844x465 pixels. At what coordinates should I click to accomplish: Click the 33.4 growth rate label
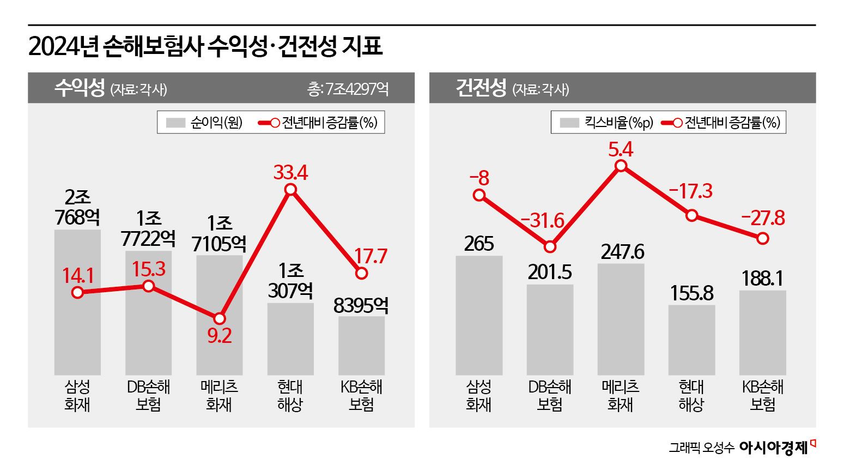coord(290,173)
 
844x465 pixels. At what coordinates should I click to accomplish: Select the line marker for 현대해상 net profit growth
coord(290,190)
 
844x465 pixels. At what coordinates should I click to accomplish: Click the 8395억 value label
coord(361,306)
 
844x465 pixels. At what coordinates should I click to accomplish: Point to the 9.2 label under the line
coord(220,335)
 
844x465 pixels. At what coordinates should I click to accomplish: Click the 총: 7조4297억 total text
coord(348,89)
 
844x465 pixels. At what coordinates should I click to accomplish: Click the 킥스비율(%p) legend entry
coord(606,123)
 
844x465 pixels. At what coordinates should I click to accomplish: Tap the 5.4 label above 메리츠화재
coord(621,149)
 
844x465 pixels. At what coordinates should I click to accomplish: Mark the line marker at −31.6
coord(550,247)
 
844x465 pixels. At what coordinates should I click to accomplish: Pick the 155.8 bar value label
coord(691,293)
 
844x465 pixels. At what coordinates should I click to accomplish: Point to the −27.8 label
coord(763,218)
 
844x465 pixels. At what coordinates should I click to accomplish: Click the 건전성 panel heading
coord(481,88)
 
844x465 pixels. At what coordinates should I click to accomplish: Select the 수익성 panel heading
coord(80,88)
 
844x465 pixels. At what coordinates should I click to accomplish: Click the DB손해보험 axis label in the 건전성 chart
coord(550,396)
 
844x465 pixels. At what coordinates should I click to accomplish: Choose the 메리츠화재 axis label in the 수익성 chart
coord(219,396)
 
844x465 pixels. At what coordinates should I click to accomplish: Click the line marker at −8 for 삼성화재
coord(479,195)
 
